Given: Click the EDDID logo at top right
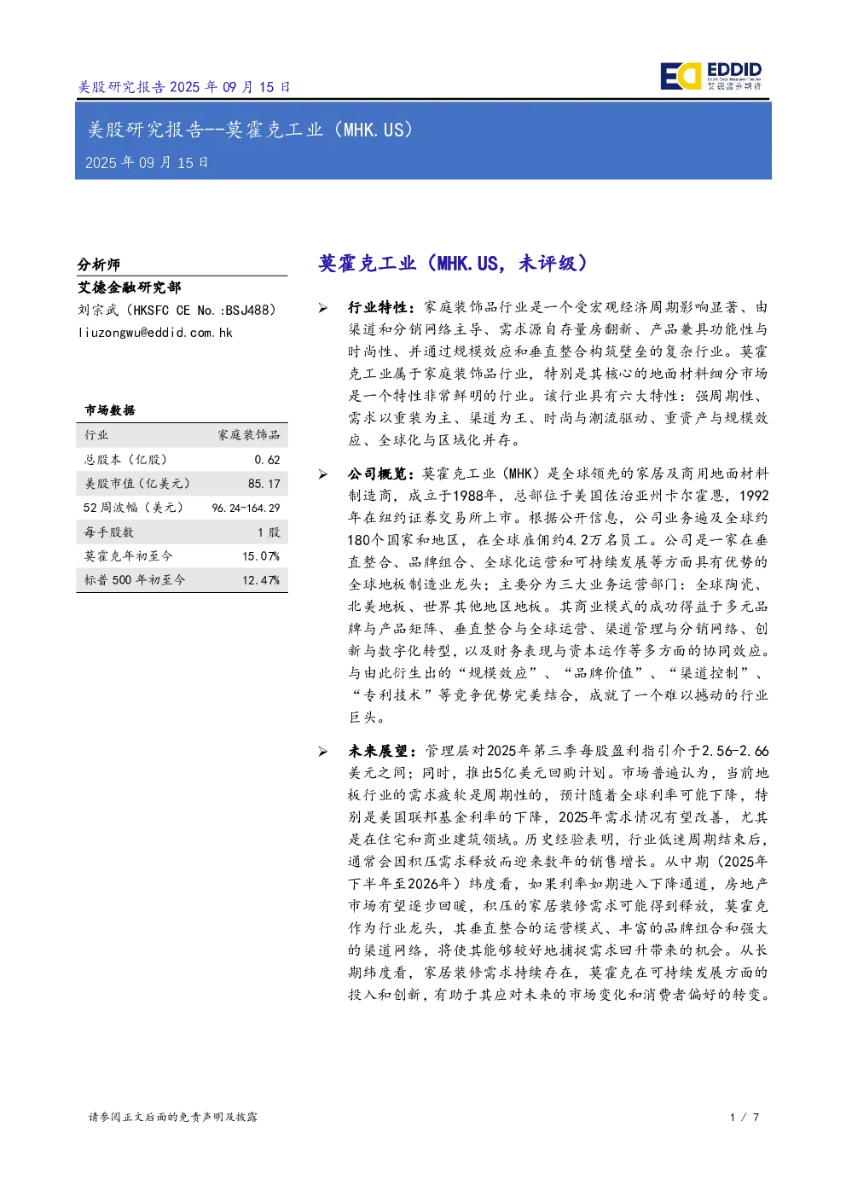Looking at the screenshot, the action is pyautogui.click(x=710, y=76).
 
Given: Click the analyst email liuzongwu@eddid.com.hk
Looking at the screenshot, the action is pyautogui.click(x=155, y=333).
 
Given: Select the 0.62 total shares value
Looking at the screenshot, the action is pyautogui.click(x=267, y=460).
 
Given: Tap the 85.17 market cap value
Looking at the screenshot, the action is pyautogui.click(x=264, y=484).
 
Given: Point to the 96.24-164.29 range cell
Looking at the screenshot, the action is pyautogui.click(x=246, y=508).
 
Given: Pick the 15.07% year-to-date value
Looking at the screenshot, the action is pyautogui.click(x=261, y=556).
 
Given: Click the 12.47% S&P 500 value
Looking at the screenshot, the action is pyautogui.click(x=261, y=580).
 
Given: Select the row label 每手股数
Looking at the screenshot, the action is pyautogui.click(x=109, y=532).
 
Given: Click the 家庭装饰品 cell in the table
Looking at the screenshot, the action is pyautogui.click(x=248, y=435).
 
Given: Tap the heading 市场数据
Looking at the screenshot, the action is pyautogui.click(x=110, y=410).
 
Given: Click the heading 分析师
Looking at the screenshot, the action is pyautogui.click(x=99, y=264).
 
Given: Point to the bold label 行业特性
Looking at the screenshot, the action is pyautogui.click(x=378, y=307).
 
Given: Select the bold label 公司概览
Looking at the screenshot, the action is pyautogui.click(x=378, y=474).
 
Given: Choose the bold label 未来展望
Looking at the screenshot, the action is pyautogui.click(x=378, y=752).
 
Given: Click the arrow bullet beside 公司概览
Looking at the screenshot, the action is pyautogui.click(x=323, y=474).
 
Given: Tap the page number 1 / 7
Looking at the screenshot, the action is pyautogui.click(x=745, y=1117).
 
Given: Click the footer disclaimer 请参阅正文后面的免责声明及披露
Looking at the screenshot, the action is pyautogui.click(x=173, y=1117).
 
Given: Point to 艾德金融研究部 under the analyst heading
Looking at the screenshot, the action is pyautogui.click(x=130, y=288).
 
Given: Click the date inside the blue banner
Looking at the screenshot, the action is pyautogui.click(x=147, y=162).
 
